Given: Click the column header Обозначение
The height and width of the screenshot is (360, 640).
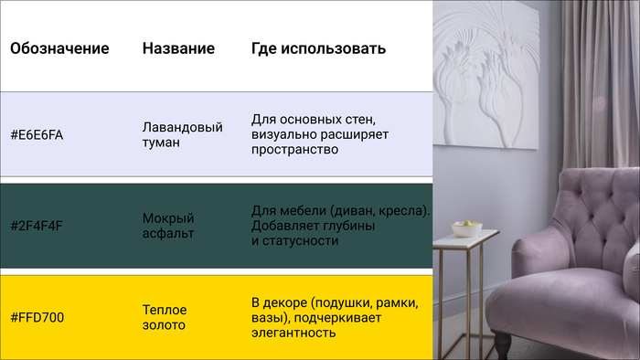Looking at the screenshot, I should pos(59,48).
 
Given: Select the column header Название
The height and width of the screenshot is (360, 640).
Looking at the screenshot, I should pos(178,48).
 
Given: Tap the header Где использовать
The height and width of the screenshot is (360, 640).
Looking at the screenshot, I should pos(318,48).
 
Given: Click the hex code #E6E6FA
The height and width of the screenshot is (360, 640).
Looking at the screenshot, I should pos(37,135).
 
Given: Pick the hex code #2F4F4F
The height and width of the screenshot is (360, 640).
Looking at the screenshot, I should pos(37,226).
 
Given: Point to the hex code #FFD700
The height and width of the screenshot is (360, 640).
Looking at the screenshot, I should pos(37,317).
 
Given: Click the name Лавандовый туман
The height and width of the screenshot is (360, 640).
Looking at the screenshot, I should pos(183,134).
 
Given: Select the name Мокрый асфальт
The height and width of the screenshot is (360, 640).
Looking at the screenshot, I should pos(168,226).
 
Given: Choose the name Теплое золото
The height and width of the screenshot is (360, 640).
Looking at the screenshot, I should pos(165,317).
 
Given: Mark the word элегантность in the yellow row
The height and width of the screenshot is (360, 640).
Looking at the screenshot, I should pos(293,334).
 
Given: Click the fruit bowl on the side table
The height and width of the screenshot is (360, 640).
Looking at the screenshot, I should pos(466,226).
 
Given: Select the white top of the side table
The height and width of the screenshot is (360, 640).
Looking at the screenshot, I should pos(465,239).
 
